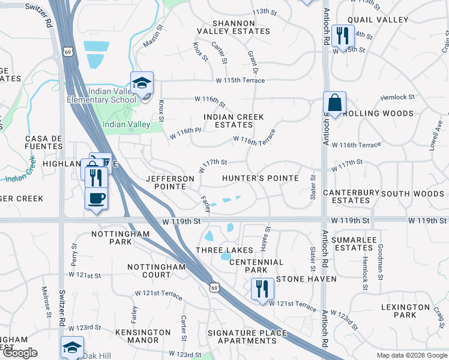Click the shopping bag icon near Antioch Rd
coord(334,104)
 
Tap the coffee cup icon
coord(96,199)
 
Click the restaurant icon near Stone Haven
coord(262,290)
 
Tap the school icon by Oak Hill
coord(72,348)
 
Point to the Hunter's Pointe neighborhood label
coord(260,178)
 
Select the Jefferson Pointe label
coord(170,182)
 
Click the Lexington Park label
coord(406,311)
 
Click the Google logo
coord(19,353)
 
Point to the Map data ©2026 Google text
coord(411,355)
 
